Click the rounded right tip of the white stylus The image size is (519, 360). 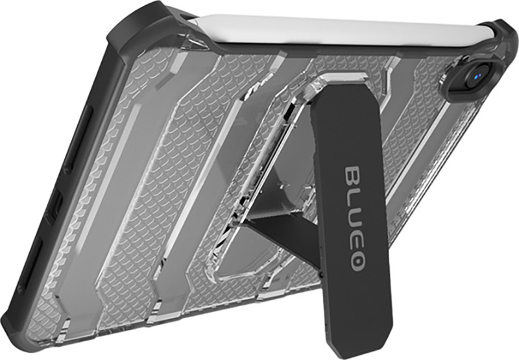click(496, 35)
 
